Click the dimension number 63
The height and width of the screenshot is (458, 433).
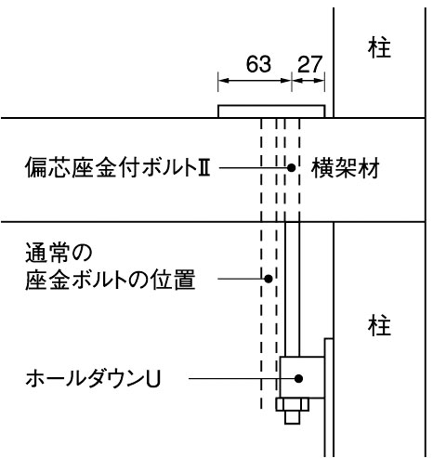click(x=258, y=64)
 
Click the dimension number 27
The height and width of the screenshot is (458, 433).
click(x=310, y=64)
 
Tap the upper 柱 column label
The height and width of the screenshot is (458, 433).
click(x=379, y=48)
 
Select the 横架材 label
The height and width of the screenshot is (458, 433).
click(x=346, y=168)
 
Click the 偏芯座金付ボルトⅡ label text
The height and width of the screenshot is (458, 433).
click(x=118, y=167)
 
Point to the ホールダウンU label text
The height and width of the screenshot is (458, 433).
click(x=93, y=379)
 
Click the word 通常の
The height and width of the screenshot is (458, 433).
click(x=59, y=253)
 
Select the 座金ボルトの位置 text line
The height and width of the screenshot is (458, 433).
click(x=111, y=280)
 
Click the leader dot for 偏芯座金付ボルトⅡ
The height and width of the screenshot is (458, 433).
click(x=291, y=168)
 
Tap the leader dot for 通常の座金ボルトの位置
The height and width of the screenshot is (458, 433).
click(x=269, y=279)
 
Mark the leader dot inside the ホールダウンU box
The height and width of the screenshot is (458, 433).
click(x=298, y=378)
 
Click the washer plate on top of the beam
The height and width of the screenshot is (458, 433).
click(x=271, y=111)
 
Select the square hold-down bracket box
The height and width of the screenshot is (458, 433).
click(x=302, y=377)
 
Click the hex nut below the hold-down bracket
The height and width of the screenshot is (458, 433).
click(x=293, y=404)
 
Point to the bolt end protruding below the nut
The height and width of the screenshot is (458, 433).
click(x=293, y=417)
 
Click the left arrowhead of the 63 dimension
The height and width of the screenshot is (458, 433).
click(x=223, y=81)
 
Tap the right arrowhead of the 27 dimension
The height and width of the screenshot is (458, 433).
click(x=320, y=81)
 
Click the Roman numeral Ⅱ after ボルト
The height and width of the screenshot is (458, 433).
click(x=203, y=168)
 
